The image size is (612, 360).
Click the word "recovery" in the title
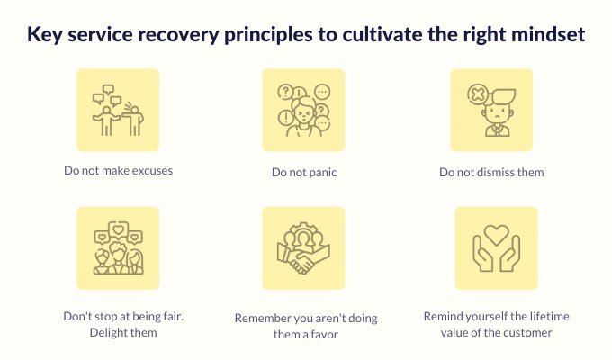178,35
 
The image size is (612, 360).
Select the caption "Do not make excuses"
118,171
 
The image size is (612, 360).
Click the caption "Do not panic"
304,173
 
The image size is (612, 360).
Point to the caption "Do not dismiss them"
491,172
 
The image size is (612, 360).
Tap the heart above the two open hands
496,235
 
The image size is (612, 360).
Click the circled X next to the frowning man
477,94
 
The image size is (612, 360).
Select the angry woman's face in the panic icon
303,112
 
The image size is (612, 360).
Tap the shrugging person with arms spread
105,121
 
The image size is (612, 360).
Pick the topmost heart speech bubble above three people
118,229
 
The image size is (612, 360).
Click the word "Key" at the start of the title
45,35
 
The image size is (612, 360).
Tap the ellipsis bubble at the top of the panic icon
322,92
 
